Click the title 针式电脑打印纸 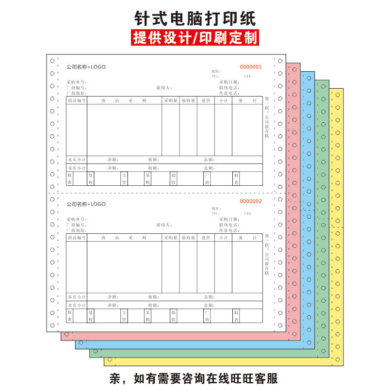pos(195,18)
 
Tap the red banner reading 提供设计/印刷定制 pos(195,38)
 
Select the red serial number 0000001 pos(251,67)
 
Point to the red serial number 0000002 pos(251,201)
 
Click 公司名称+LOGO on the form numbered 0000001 pos(86,67)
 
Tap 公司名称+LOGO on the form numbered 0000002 pos(86,204)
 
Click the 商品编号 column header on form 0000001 pos(77,101)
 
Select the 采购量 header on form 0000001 pos(171,101)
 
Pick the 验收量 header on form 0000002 pos(188,238)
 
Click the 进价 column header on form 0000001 pos(206,101)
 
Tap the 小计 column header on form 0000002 pos(223,238)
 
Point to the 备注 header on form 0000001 pos(247,101)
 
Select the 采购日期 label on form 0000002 pos(228,219)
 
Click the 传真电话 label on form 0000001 pos(228,93)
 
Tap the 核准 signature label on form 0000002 pos(70,316)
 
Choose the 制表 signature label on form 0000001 pos(236,179)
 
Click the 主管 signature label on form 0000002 pos(124,316)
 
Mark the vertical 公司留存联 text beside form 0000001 pos(266,128)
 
